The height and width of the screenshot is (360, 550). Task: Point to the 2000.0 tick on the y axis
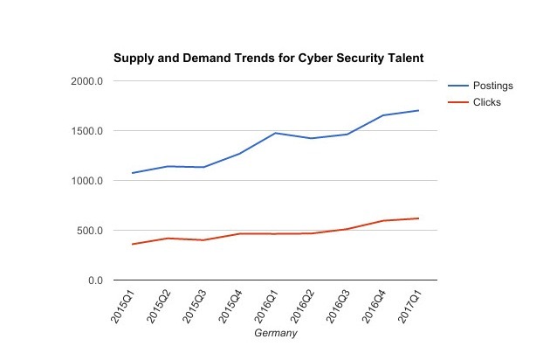click(x=88, y=81)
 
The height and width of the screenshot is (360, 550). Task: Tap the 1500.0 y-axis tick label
click(x=88, y=131)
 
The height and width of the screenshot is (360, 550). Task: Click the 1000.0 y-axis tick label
click(x=88, y=181)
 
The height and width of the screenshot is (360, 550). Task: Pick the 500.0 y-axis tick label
click(x=91, y=231)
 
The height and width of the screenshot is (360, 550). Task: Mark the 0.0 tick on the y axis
click(x=95, y=280)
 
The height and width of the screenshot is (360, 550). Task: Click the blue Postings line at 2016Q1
click(x=276, y=134)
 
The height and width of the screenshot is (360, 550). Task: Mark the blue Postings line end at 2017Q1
click(x=418, y=111)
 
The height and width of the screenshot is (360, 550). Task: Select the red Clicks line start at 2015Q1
click(x=133, y=244)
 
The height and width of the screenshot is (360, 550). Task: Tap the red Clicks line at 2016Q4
click(x=382, y=221)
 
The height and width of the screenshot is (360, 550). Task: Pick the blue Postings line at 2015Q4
click(x=240, y=154)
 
